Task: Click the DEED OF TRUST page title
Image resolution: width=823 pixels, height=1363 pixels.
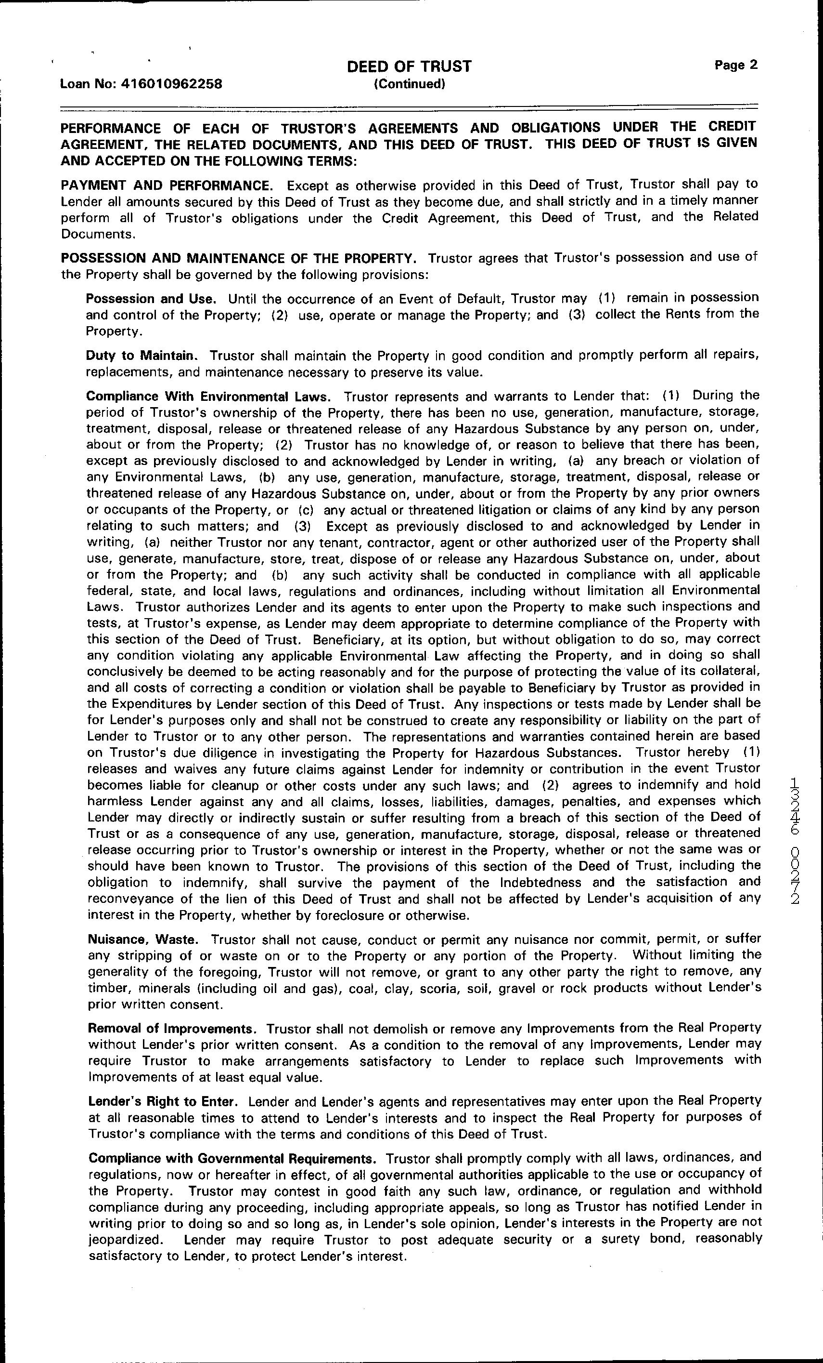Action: click(409, 67)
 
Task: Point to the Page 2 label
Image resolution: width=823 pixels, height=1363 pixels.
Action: click(736, 65)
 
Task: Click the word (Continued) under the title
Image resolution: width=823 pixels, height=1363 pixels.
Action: click(409, 84)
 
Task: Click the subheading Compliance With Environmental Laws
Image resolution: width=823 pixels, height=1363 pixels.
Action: click(209, 397)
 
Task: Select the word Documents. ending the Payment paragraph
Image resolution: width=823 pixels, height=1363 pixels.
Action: click(97, 234)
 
